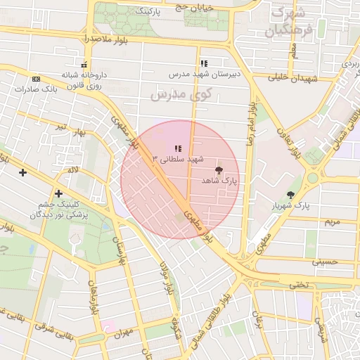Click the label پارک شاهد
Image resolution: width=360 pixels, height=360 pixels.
tap(219, 181)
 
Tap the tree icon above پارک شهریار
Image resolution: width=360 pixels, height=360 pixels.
tap(291, 195)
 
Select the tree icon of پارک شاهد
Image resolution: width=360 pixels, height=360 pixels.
tap(219, 170)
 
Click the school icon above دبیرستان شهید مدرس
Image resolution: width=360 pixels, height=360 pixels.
tap(204, 63)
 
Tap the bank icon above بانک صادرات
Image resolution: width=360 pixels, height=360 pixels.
tap(37, 79)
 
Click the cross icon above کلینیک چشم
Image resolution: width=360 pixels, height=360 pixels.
tap(58, 193)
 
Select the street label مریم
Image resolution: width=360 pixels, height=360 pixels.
tap(332, 221)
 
